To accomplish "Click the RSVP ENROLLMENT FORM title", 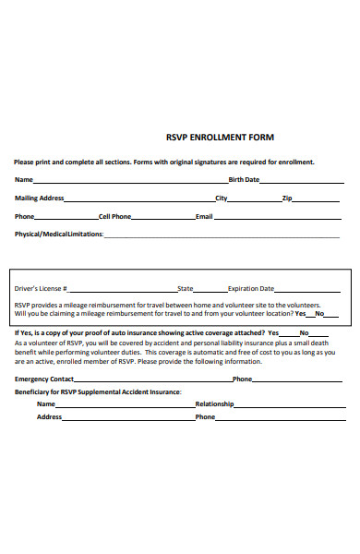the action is pos(219,138).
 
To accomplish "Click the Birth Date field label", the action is pos(244,180).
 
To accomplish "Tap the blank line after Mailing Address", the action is pos(139,199).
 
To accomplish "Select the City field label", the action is pos(222,199).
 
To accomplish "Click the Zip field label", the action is pos(287,199).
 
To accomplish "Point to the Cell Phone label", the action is pos(114,217).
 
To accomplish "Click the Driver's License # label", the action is pos(42,288).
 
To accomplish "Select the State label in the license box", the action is pos(186,288).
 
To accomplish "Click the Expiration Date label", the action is pos(251,288).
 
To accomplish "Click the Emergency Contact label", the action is pos(44,379).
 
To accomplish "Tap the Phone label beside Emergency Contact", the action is pos(242,379).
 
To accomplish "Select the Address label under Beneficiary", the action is pos(50,416).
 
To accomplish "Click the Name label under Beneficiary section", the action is pos(45,403).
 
